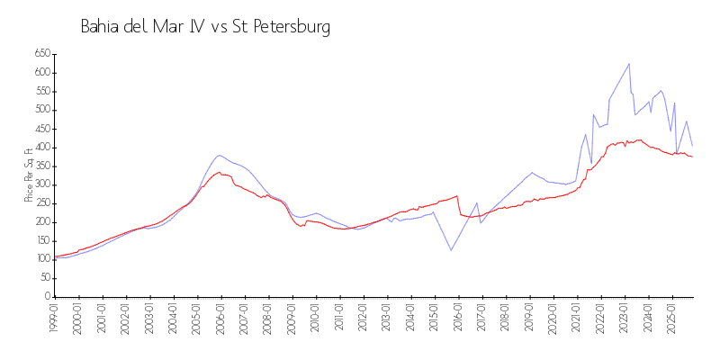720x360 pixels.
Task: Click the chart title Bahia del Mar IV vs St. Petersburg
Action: pos(205,27)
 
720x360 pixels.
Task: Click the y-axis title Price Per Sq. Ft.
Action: pos(30,175)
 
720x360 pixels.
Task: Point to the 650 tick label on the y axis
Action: pos(40,54)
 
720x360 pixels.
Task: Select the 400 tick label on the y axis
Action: pos(40,148)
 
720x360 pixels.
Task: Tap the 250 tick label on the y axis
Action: pos(40,203)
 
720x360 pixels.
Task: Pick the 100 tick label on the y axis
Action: pos(40,259)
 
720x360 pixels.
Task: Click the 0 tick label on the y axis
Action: pos(47,296)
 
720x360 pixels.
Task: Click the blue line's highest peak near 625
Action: pos(629,64)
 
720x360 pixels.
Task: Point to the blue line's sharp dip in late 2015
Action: pos(451,249)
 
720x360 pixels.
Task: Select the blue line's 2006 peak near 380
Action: pos(220,155)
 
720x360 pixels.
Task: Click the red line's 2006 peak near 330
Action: pos(219,172)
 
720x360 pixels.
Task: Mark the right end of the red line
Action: pos(692,157)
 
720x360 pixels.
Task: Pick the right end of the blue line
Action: pos(692,146)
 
